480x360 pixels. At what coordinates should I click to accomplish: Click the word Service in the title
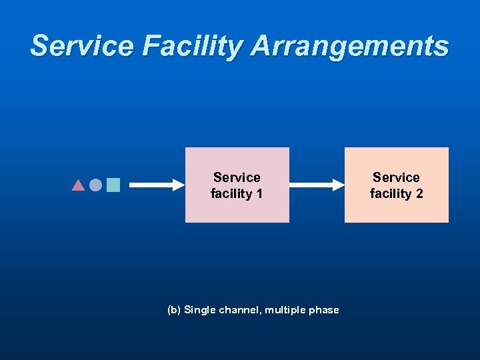(x=72, y=46)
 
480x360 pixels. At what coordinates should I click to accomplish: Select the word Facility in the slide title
(x=173, y=46)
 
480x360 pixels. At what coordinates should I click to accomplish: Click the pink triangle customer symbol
(x=78, y=185)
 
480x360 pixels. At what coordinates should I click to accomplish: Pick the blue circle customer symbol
(x=95, y=185)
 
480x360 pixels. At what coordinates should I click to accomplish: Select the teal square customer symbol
(x=113, y=185)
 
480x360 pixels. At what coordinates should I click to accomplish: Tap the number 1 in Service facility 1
(x=259, y=194)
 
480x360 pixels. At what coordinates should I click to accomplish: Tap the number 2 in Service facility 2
(x=419, y=194)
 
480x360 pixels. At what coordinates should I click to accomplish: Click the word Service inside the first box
(x=237, y=177)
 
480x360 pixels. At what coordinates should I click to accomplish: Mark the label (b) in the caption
(x=174, y=310)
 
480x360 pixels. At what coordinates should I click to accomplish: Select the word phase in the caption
(x=325, y=310)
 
